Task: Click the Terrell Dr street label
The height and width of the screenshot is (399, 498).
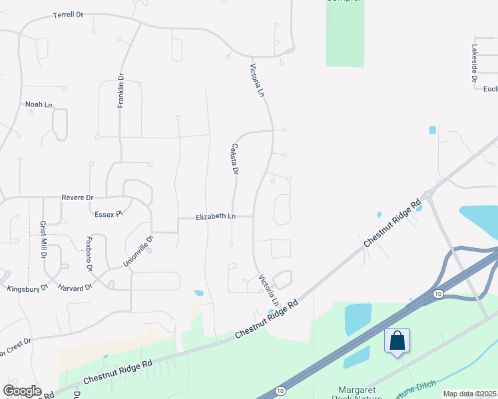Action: click(69, 14)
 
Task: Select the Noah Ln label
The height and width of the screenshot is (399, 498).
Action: click(38, 104)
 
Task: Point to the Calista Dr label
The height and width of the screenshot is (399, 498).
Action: click(234, 160)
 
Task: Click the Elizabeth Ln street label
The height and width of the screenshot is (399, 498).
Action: click(215, 217)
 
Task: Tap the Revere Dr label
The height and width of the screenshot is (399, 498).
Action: click(77, 198)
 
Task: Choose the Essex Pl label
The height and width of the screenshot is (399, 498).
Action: click(109, 214)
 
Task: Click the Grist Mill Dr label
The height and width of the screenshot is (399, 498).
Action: click(43, 239)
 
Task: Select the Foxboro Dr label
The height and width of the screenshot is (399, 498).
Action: click(89, 254)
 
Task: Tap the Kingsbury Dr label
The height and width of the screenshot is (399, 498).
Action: click(27, 289)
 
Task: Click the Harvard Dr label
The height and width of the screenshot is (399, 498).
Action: click(75, 288)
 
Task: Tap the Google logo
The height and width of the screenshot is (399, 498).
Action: click(22, 391)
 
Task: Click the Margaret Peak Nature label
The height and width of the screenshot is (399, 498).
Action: click(358, 392)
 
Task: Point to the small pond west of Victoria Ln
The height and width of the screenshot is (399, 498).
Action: click(198, 293)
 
